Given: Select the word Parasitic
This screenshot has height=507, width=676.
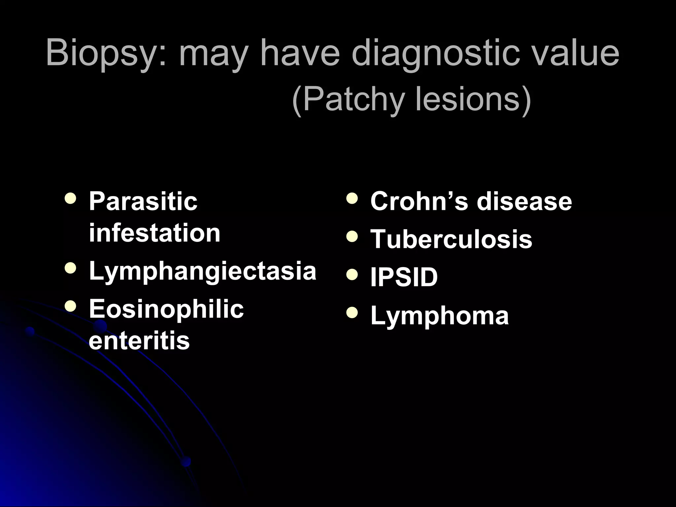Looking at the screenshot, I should pyautogui.click(x=143, y=201).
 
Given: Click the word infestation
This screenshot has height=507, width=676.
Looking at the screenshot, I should pyautogui.click(x=154, y=233).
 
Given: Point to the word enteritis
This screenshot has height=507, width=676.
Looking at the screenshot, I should pyautogui.click(x=139, y=341).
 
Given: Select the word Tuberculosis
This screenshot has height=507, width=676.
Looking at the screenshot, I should pyautogui.click(x=451, y=239).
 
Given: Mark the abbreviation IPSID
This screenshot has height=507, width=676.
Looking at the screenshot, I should pyautogui.click(x=404, y=277).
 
